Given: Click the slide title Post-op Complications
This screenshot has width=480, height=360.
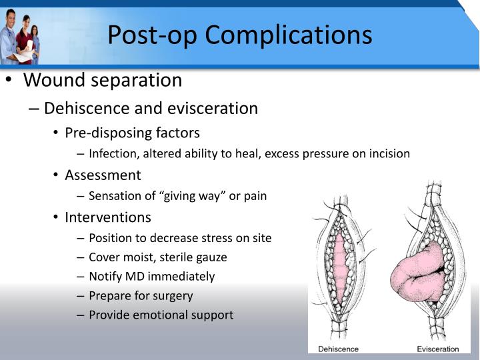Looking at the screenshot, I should pos(240,34).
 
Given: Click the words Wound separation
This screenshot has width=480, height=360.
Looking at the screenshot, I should pos(103,81).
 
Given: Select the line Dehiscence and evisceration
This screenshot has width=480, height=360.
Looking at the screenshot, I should pos(151,108).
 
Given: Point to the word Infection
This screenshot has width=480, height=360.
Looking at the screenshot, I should pos(111,153).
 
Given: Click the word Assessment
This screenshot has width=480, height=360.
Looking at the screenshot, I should pos(103,175).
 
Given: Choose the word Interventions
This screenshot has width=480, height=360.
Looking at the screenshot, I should pos(108,217).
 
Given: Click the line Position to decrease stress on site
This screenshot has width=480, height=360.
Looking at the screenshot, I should pos(180,238).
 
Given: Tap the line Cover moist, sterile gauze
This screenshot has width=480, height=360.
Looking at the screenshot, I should pos(157,257).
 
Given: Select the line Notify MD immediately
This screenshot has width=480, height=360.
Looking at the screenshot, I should pos(151,276).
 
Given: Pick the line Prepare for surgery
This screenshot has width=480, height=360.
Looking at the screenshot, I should pos(141,295).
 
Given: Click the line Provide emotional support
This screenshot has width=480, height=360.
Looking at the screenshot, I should pos(161,315).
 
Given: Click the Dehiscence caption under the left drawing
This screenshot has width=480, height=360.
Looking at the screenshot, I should pos(338,348).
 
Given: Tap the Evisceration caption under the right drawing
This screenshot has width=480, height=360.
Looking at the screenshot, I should pos(438,348).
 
